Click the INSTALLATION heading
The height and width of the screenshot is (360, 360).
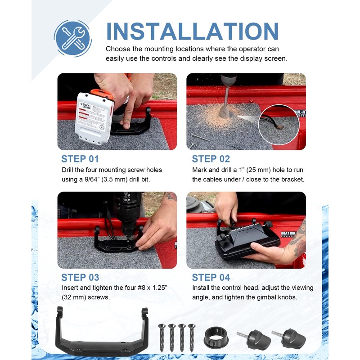[193, 31]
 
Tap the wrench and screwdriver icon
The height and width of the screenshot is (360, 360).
[73, 38]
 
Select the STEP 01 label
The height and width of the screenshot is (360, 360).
[80, 159]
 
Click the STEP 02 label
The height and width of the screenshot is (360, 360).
[211, 159]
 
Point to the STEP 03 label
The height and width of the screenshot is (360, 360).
[80, 277]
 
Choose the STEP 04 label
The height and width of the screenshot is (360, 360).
[211, 277]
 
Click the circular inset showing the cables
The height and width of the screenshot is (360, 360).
[279, 125]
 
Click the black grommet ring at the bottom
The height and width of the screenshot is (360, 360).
[216, 337]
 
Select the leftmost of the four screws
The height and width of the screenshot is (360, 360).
[162, 337]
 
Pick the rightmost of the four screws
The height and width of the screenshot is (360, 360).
[192, 337]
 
